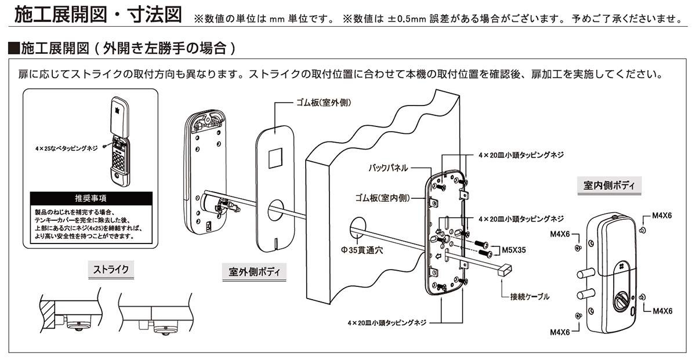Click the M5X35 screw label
513,252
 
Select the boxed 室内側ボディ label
608,186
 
